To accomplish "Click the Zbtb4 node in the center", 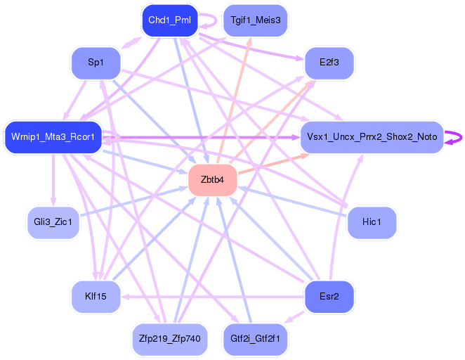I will pyautogui.click(x=212, y=180).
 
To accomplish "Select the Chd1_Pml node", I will pyautogui.click(x=169, y=20).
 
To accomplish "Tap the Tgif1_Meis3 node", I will pyautogui.click(x=254, y=20).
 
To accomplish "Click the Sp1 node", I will pyautogui.click(x=96, y=63).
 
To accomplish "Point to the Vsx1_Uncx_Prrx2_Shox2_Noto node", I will pyautogui.click(x=372, y=136).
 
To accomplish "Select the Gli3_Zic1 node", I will pyautogui.click(x=53, y=223).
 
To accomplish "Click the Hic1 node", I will pyautogui.click(x=372, y=223).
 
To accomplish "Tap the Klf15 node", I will pyautogui.click(x=96, y=296).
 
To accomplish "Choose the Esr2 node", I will pyautogui.click(x=329, y=296).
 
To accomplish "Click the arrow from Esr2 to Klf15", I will pyautogui.click(x=211, y=296).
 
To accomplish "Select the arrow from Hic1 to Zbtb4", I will pyautogui.click(x=295, y=202).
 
